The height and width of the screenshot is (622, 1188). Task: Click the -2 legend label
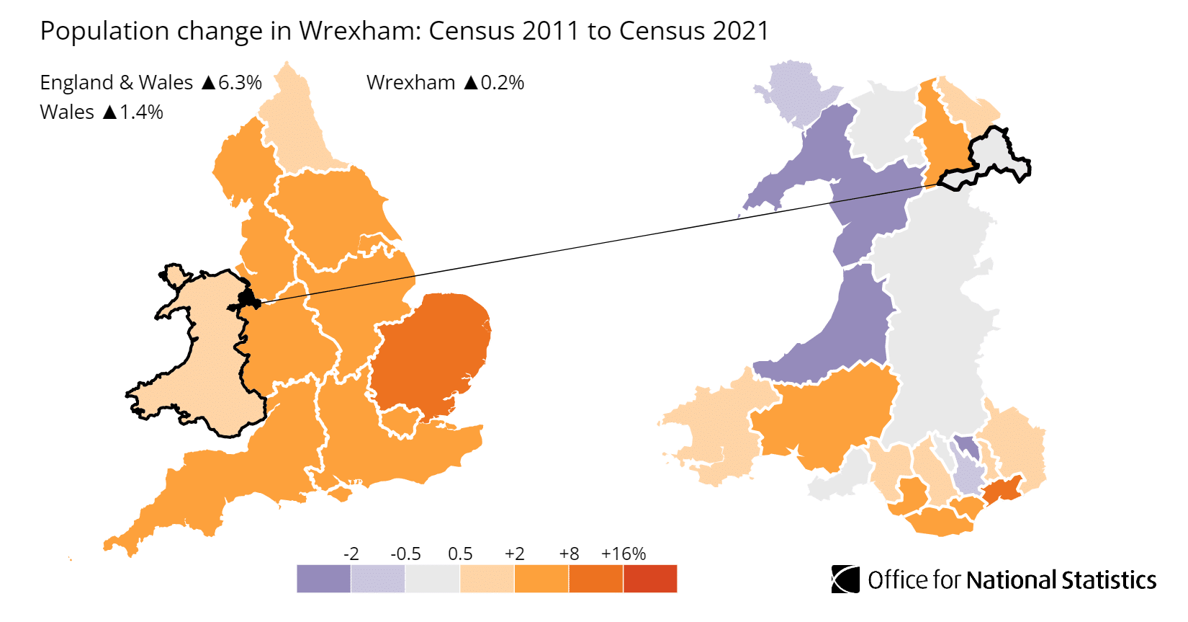pos(351,554)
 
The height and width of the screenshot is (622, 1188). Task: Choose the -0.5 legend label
pos(405,554)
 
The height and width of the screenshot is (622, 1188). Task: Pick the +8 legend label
pos(569,554)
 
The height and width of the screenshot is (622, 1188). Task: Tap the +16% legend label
pos(623,554)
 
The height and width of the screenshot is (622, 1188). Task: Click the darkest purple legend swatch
pos(323,579)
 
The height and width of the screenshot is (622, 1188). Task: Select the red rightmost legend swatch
pos(650,579)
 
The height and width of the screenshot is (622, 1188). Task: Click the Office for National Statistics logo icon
pos(845,579)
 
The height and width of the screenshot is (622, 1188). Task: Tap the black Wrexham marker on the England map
pos(249,301)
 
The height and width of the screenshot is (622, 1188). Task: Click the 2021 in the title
pos(740,31)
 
